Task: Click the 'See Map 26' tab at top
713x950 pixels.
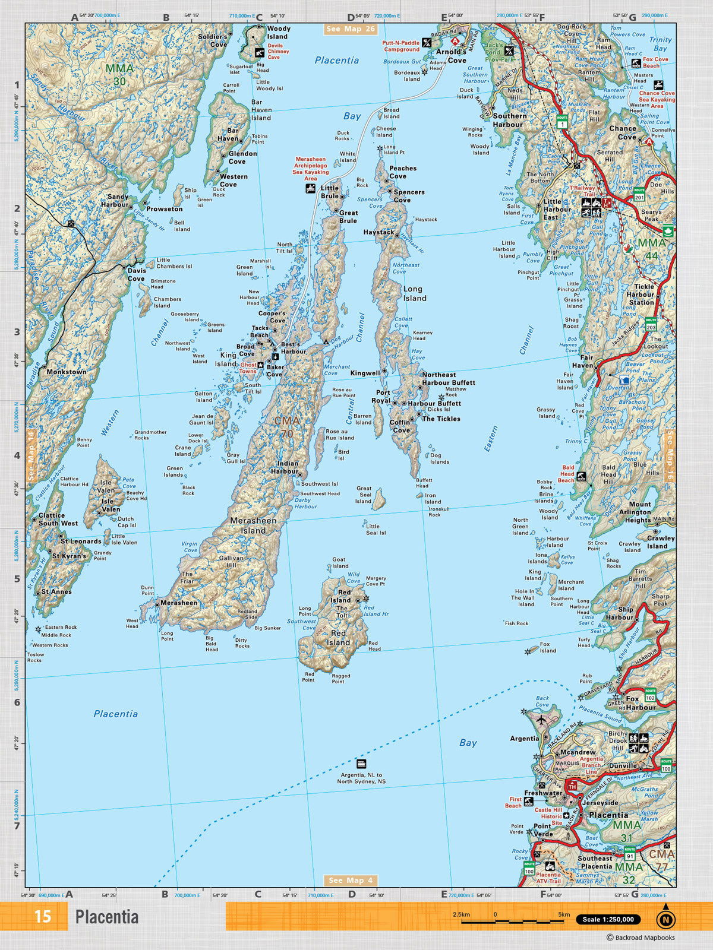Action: click(x=351, y=28)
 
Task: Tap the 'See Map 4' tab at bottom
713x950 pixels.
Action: click(x=351, y=880)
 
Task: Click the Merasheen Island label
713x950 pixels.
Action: click(x=253, y=525)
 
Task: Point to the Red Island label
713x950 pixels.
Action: click(x=338, y=638)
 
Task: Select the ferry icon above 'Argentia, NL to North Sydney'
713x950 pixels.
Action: click(x=361, y=764)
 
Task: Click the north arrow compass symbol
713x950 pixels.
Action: click(x=665, y=919)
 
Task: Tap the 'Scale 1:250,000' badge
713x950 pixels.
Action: click(x=608, y=919)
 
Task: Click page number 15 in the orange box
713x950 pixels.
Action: click(x=42, y=917)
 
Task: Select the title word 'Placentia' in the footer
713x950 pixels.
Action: click(x=107, y=917)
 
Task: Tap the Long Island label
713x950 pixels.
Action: click(x=415, y=293)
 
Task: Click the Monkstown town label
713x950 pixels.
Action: click(x=67, y=372)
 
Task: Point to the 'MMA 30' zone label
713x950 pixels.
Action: click(x=119, y=74)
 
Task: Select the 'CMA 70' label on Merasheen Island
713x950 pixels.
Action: click(x=287, y=427)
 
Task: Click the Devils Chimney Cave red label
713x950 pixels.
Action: click(x=278, y=52)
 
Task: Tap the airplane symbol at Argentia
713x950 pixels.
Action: click(x=541, y=719)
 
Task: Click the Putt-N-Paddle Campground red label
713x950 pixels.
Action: click(x=401, y=46)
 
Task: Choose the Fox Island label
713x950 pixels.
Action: click(x=548, y=647)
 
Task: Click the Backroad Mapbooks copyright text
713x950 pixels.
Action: click(x=640, y=938)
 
